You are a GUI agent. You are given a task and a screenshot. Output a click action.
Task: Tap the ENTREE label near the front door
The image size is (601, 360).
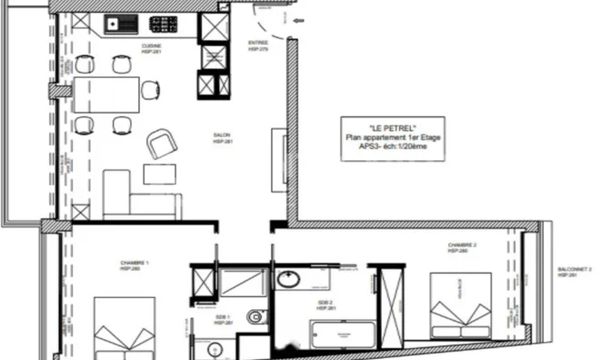tap(258, 43)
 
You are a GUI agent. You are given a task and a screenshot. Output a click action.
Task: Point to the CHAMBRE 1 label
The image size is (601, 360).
tap(135, 265)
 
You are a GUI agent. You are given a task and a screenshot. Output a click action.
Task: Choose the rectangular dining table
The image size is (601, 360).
tap(106, 92)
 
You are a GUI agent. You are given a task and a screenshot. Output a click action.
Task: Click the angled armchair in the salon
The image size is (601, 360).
tap(163, 143)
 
